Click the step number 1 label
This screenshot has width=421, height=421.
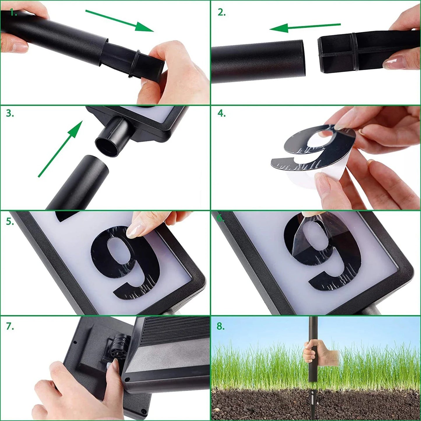point(13,13)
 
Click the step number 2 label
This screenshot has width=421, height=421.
point(221,13)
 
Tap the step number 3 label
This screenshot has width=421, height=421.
point(10,113)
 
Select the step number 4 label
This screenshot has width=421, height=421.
point(221,113)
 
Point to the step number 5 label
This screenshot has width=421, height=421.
point(10,222)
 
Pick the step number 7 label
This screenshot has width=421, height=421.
point(10,327)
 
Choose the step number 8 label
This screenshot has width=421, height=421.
point(221,326)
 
